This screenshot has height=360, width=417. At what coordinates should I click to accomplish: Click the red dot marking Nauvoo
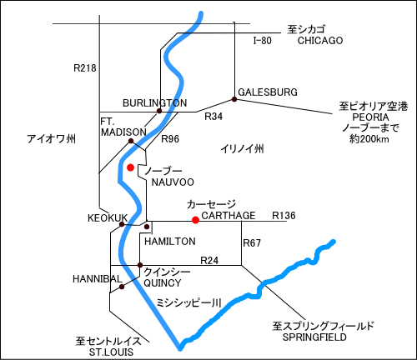130,167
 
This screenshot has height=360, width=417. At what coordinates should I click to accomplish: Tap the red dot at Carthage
195,220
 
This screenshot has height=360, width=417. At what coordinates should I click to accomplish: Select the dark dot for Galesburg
234,99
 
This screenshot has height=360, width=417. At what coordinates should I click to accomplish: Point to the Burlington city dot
159,111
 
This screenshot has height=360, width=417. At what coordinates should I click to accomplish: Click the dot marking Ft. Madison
131,141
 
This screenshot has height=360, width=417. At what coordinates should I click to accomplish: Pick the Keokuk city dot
122,224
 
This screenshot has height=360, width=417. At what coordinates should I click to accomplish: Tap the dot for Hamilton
147,227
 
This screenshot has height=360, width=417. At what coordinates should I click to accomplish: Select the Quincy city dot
140,265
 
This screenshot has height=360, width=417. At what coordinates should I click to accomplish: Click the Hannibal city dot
121,287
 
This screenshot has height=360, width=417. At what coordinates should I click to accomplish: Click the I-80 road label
262,41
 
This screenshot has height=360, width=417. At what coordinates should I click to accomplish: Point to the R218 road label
85,68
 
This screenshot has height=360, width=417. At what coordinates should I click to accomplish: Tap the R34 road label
214,117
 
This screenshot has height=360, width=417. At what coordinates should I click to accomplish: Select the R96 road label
170,139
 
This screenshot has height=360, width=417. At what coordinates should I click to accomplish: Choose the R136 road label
284,216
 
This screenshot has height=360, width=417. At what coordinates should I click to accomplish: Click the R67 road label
252,243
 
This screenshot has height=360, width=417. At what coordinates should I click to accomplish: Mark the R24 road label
209,261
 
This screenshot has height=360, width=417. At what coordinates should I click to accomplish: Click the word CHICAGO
320,41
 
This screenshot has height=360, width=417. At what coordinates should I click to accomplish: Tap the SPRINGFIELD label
314,337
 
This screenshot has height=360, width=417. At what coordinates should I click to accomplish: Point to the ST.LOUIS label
111,352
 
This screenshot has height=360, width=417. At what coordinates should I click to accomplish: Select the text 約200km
369,138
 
